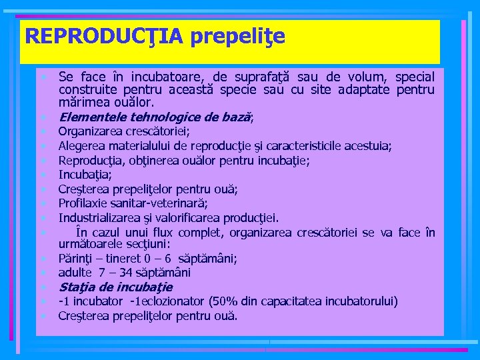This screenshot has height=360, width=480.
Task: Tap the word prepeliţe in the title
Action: click(x=238, y=37)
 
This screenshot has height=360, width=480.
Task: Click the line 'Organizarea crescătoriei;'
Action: click(x=124, y=131)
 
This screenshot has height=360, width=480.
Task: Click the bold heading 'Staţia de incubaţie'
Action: click(x=115, y=287)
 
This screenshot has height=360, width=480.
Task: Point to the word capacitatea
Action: click(x=289, y=301)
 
